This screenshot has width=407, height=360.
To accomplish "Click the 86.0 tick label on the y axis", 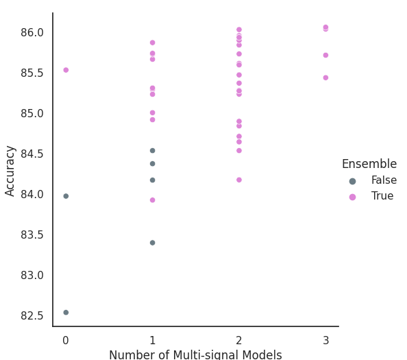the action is click(32, 33).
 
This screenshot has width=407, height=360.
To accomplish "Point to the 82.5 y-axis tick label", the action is click(32, 315).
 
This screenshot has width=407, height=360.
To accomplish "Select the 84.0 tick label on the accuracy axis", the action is click(32, 194).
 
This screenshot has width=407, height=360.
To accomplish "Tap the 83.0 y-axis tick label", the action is click(32, 275).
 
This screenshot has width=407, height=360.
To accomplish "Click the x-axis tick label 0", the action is click(66, 340).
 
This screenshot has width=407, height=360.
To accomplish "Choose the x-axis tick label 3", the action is click(325, 340).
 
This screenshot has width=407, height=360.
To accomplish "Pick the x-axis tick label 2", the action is click(239, 340).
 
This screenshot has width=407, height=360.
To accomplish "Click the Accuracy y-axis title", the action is click(10, 171).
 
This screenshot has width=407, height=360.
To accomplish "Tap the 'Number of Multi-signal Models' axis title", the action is click(195, 355).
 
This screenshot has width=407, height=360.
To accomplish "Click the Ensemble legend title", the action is click(369, 164).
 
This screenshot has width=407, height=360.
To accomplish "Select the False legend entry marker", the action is click(352, 181).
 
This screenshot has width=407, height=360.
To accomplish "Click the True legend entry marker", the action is click(352, 197).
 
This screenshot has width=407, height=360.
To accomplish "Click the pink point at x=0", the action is click(66, 70).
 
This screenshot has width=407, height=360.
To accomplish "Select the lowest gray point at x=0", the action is click(66, 312).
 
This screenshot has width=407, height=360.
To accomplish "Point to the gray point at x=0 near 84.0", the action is click(66, 196).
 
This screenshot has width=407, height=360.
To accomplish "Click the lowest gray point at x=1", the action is click(153, 243).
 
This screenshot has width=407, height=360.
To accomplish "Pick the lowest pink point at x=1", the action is click(153, 200).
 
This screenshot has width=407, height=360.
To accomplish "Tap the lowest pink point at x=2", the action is click(239, 180).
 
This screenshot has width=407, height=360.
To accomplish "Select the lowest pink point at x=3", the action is click(325, 77).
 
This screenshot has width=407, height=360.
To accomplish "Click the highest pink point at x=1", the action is click(153, 43).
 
